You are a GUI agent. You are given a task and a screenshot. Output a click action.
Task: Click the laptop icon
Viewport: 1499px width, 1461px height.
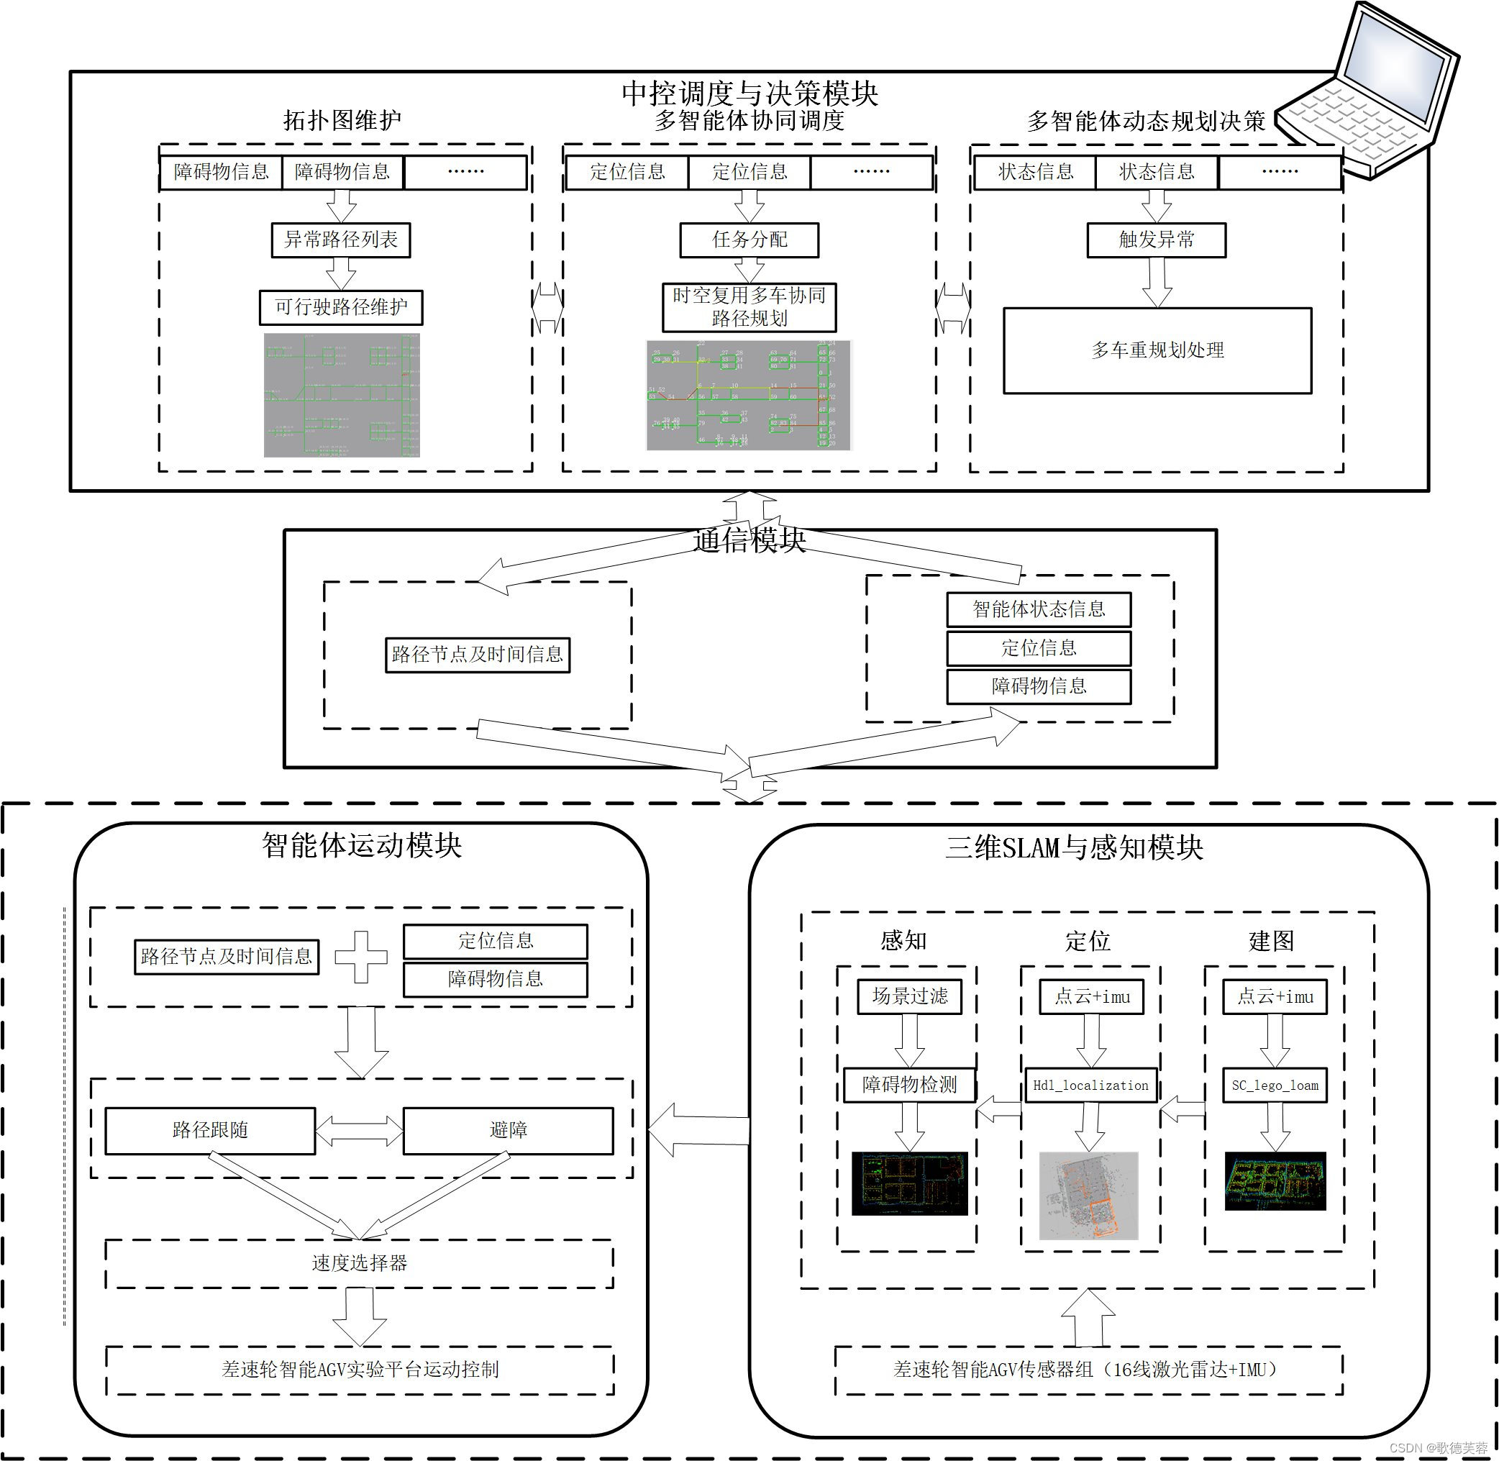[1373, 92]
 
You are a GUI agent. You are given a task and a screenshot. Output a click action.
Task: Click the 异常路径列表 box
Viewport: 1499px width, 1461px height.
[341, 240]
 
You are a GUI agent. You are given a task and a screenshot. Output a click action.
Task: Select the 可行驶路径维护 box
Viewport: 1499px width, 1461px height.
[341, 308]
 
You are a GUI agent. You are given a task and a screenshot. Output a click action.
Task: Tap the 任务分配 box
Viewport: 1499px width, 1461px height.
[749, 240]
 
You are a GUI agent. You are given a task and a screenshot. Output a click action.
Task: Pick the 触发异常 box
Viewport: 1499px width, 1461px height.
[1156, 240]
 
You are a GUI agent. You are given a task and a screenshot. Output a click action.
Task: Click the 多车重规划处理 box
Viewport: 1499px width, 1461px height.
[1157, 350]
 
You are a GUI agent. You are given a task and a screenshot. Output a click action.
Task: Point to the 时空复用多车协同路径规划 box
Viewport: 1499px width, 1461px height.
[749, 307]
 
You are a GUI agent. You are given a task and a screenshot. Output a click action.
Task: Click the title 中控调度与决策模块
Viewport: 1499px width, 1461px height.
[749, 94]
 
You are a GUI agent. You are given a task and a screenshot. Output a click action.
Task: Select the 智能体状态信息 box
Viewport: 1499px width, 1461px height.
[1038, 609]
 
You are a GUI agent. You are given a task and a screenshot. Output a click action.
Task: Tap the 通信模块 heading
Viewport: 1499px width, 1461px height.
[749, 541]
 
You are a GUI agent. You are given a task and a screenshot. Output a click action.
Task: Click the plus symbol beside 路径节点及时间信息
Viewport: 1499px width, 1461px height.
[360, 957]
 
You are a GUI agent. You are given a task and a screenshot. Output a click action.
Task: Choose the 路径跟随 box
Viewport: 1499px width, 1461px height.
[210, 1130]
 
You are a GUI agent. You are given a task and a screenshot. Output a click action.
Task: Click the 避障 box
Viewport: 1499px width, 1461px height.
[508, 1130]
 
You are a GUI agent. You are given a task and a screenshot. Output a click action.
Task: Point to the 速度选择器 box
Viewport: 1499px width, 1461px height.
[359, 1263]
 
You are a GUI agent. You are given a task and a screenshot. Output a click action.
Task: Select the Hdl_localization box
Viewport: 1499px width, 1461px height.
[1090, 1085]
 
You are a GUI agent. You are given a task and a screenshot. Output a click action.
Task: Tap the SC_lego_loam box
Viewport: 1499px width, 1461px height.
[1275, 1085]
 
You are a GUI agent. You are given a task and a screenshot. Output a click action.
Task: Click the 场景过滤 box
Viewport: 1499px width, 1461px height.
[909, 997]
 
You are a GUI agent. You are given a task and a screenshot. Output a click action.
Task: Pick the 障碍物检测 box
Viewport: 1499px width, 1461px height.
[909, 1085]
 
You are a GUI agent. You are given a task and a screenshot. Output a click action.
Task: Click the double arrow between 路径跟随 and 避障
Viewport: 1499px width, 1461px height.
[359, 1130]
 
